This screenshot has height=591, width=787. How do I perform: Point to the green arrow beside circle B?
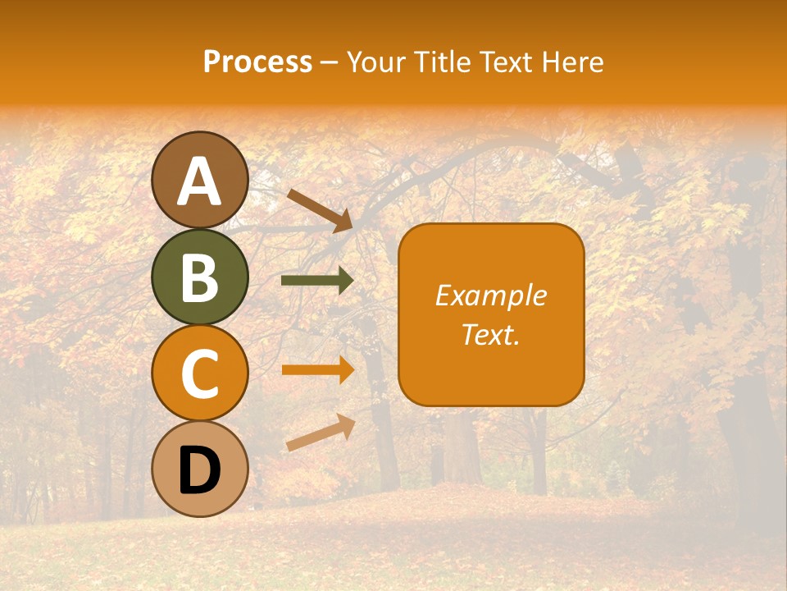(x=317, y=281)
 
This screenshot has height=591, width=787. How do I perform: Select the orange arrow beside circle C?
(x=317, y=369)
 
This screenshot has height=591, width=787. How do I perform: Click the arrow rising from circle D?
(x=321, y=433)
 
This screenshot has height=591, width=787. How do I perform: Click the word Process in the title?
(x=257, y=62)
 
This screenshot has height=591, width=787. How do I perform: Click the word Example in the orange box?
(x=490, y=295)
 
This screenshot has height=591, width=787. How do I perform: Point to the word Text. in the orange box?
(x=490, y=334)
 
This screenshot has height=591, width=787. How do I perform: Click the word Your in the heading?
(x=375, y=62)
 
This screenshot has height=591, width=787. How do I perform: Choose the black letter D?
(x=199, y=470)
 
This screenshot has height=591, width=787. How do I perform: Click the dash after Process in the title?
(x=329, y=62)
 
